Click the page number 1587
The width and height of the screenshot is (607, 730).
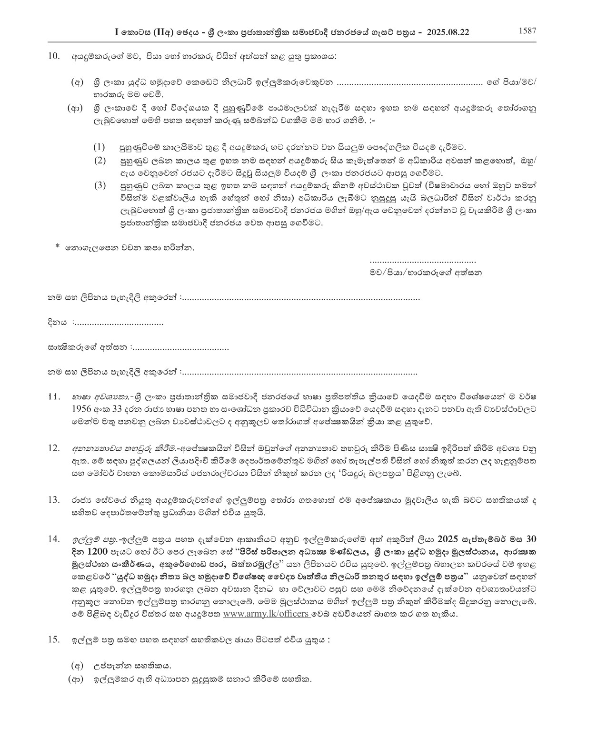[x=527, y=31]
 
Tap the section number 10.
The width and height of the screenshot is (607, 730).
[x=54, y=56]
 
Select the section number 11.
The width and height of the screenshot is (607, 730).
[x=54, y=396]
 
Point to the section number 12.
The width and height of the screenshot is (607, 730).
[x=54, y=448]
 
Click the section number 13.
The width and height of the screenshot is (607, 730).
[x=54, y=499]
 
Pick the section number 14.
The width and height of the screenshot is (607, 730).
[x=54, y=539]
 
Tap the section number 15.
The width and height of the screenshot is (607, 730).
[x=54, y=639]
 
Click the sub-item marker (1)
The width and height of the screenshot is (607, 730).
[x=99, y=147]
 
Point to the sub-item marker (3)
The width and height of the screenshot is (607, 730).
[x=99, y=185]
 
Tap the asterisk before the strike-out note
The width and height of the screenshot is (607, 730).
[x=58, y=247]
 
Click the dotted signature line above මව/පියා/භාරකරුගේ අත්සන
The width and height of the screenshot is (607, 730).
[x=423, y=262]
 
